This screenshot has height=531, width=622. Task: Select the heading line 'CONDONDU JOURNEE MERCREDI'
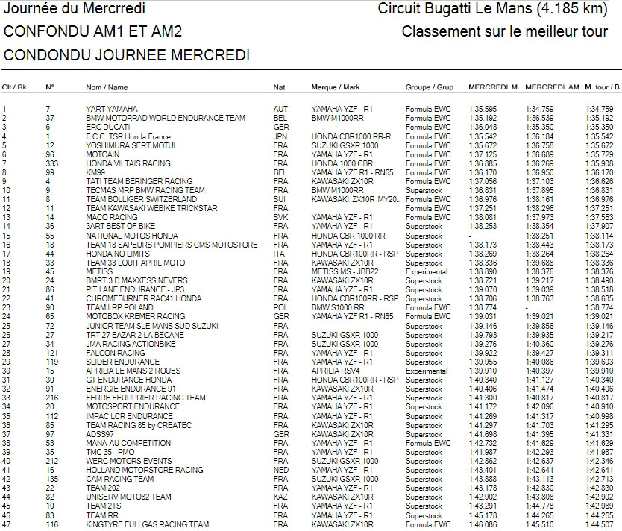pyautogui.click(x=127, y=56)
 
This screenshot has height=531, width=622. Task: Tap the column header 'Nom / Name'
pyautogui.click(x=104, y=87)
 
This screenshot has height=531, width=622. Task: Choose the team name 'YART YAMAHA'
pyautogui.click(x=111, y=110)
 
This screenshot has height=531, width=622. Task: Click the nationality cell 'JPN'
pyautogui.click(x=280, y=137)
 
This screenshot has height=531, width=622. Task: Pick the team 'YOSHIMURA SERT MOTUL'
pyautogui.click(x=126, y=145)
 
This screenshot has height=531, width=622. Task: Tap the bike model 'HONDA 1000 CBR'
pyautogui.click(x=342, y=163)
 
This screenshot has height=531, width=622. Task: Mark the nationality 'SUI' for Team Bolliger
pyautogui.click(x=280, y=200)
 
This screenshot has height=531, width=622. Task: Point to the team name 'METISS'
pyautogui.click(x=98, y=271)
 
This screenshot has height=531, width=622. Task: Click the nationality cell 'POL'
pyautogui.click(x=280, y=307)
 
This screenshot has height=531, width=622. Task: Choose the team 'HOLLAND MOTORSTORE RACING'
pyautogui.click(x=145, y=471)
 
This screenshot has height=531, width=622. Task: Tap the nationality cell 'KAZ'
pyautogui.click(x=280, y=497)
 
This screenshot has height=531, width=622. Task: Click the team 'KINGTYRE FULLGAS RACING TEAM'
pyautogui.click(x=148, y=524)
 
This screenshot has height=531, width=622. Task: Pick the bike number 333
pyautogui.click(x=51, y=163)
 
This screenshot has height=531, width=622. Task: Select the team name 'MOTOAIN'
pyautogui.click(x=101, y=154)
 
